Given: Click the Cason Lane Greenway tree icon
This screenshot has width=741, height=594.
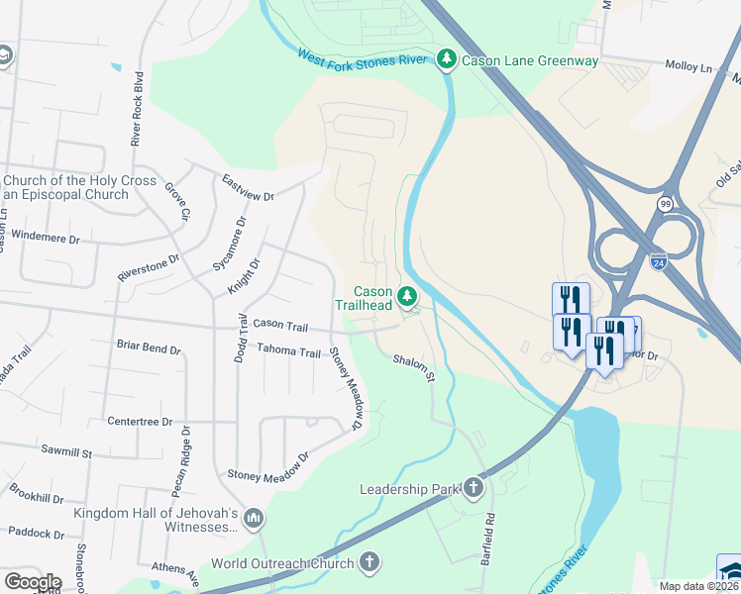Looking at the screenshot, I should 447,60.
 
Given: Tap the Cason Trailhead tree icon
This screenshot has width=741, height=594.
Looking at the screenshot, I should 406,296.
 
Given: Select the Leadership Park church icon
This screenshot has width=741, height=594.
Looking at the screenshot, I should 474,487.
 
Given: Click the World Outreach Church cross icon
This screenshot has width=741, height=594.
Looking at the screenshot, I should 370,563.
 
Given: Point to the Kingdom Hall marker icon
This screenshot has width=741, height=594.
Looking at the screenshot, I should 254,519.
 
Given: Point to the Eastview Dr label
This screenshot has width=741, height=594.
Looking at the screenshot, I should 248,184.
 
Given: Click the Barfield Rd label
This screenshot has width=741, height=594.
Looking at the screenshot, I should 488,538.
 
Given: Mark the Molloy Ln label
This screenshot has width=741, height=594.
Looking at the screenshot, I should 691,67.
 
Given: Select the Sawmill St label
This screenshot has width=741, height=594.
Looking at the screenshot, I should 66,451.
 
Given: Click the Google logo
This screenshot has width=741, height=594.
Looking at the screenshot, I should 32,581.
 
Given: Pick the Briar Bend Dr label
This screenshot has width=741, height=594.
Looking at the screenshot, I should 149,349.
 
